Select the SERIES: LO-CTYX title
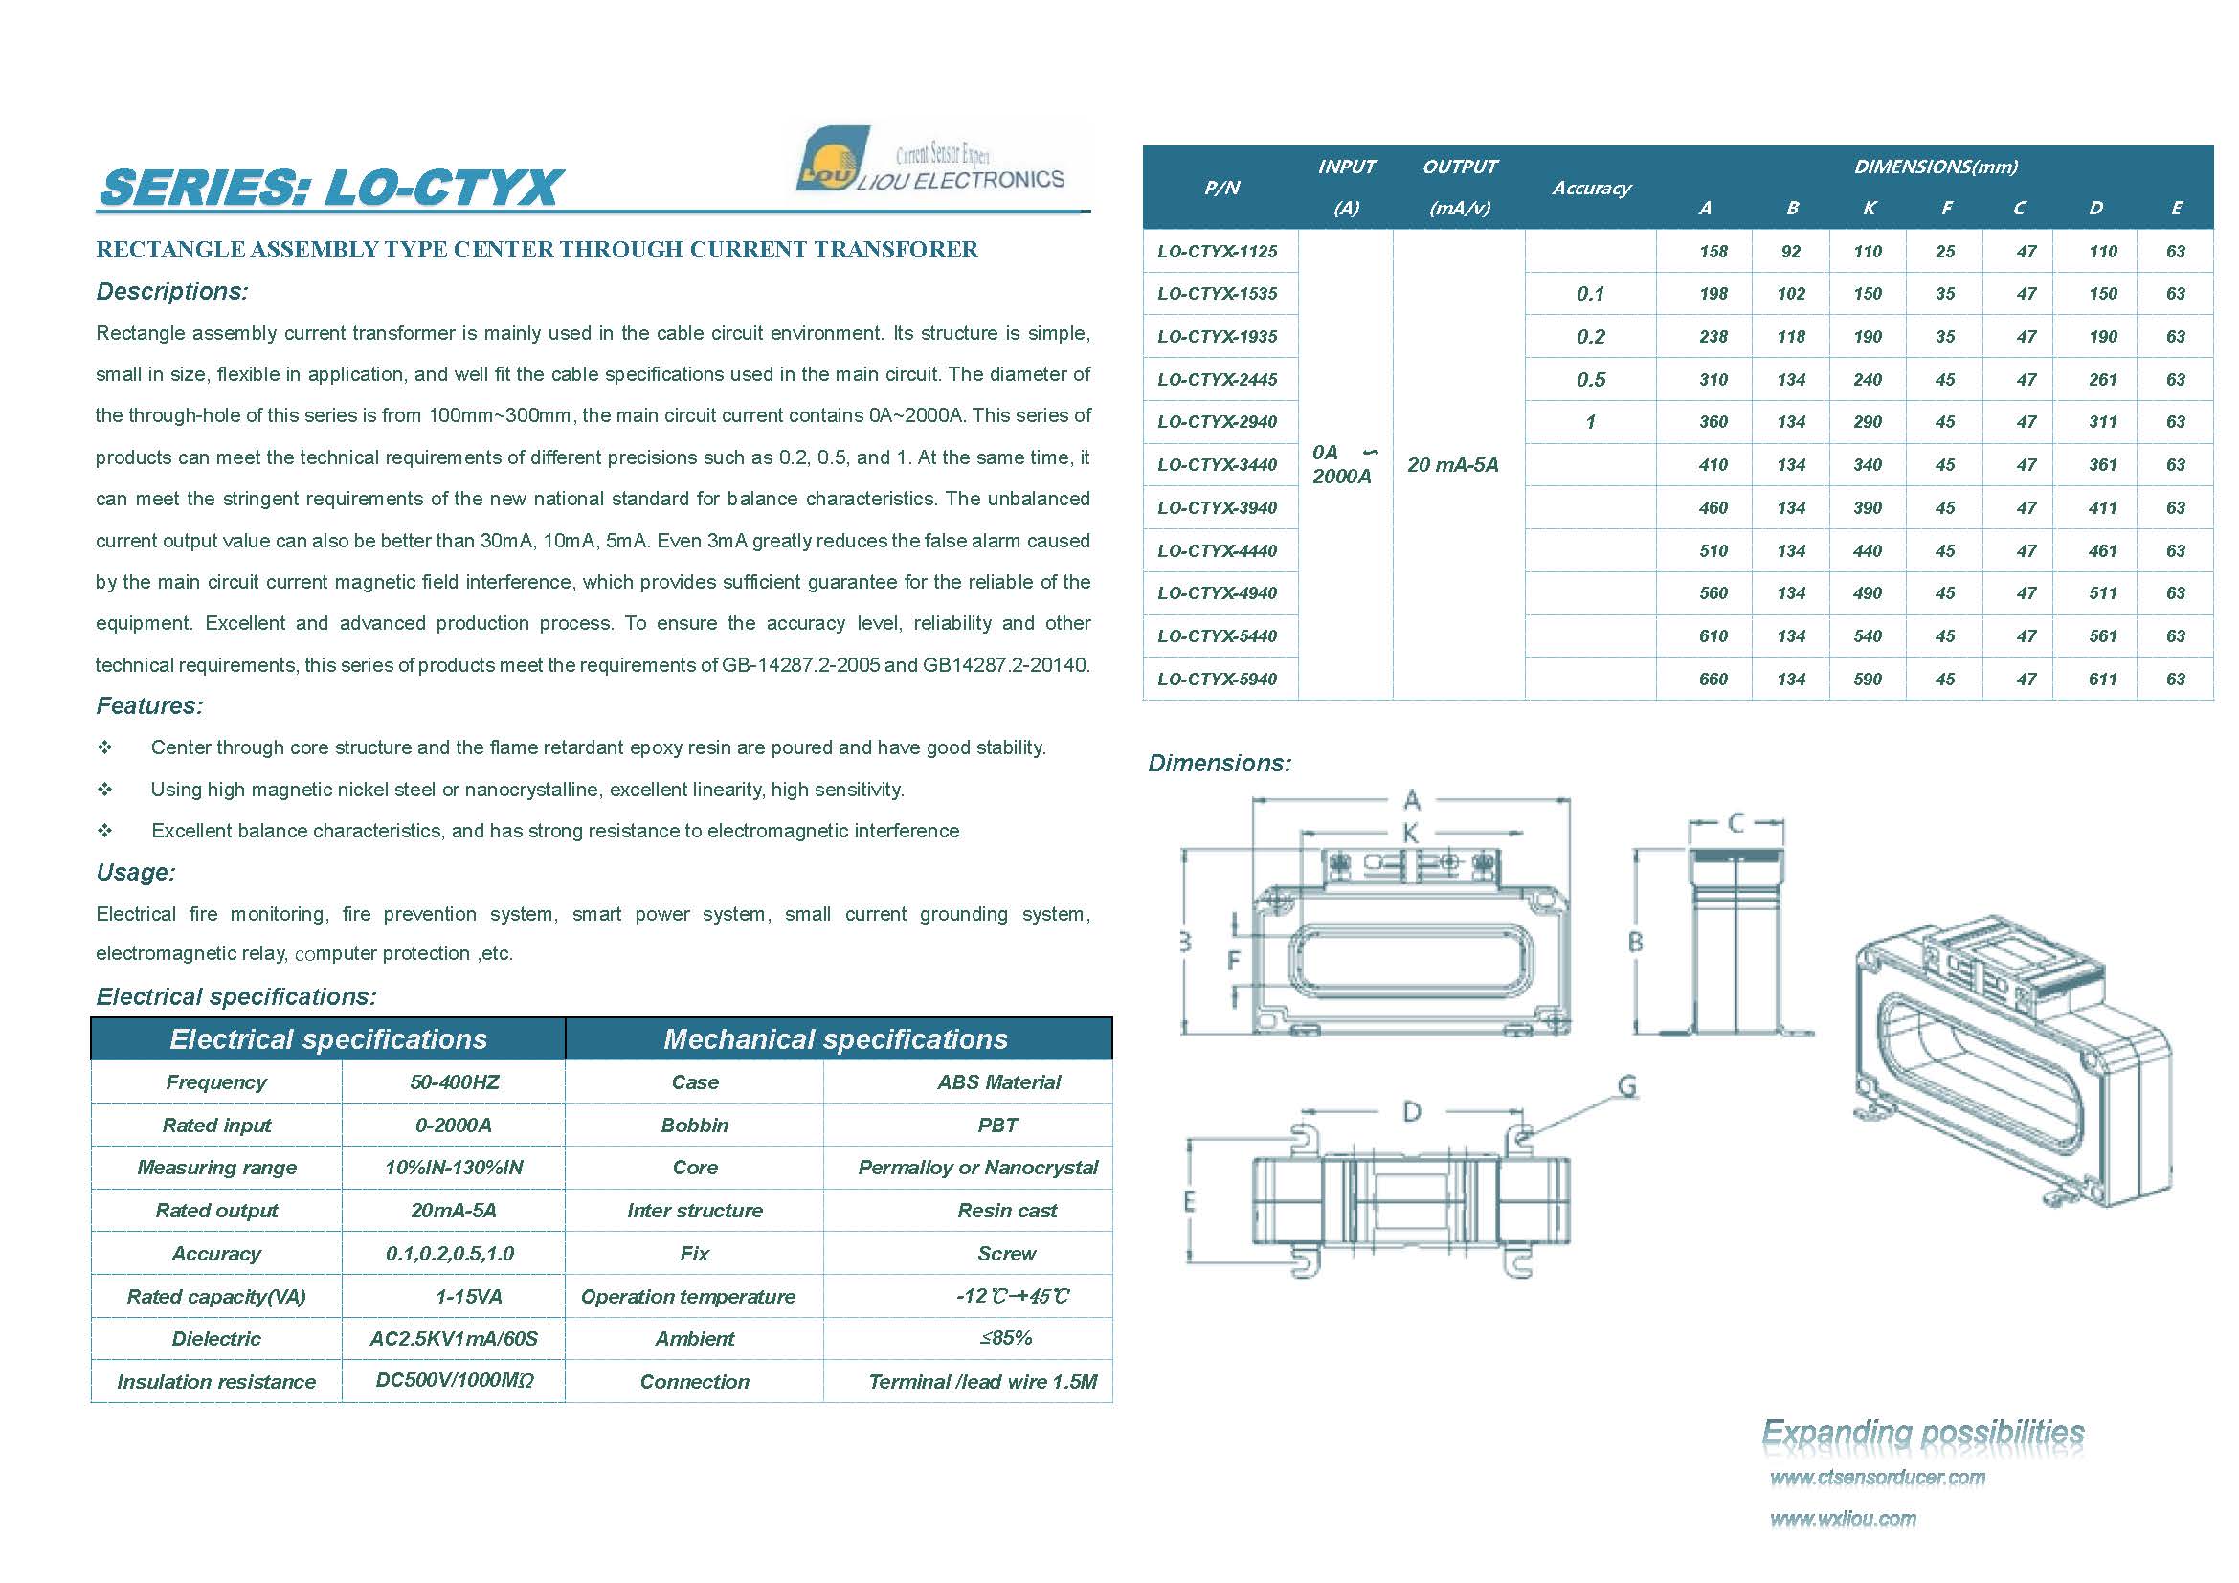[x=330, y=188]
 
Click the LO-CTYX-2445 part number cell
[x=1217, y=379]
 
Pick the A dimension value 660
[x=1713, y=679]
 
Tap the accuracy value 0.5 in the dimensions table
[x=1591, y=379]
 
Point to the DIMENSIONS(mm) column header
[x=1935, y=167]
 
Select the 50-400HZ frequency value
[x=454, y=1082]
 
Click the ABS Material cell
[x=998, y=1082]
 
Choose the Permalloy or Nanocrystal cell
[x=977, y=1168]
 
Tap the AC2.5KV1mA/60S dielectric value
[x=454, y=1338]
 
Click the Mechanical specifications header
[x=836, y=1039]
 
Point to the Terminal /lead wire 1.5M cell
[x=982, y=1381]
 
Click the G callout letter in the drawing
[x=1625, y=1086]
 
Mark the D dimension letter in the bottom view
[x=1411, y=1111]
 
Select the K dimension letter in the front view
[x=1410, y=834]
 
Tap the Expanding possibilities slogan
[x=1922, y=1432]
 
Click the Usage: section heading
[x=136, y=873]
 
